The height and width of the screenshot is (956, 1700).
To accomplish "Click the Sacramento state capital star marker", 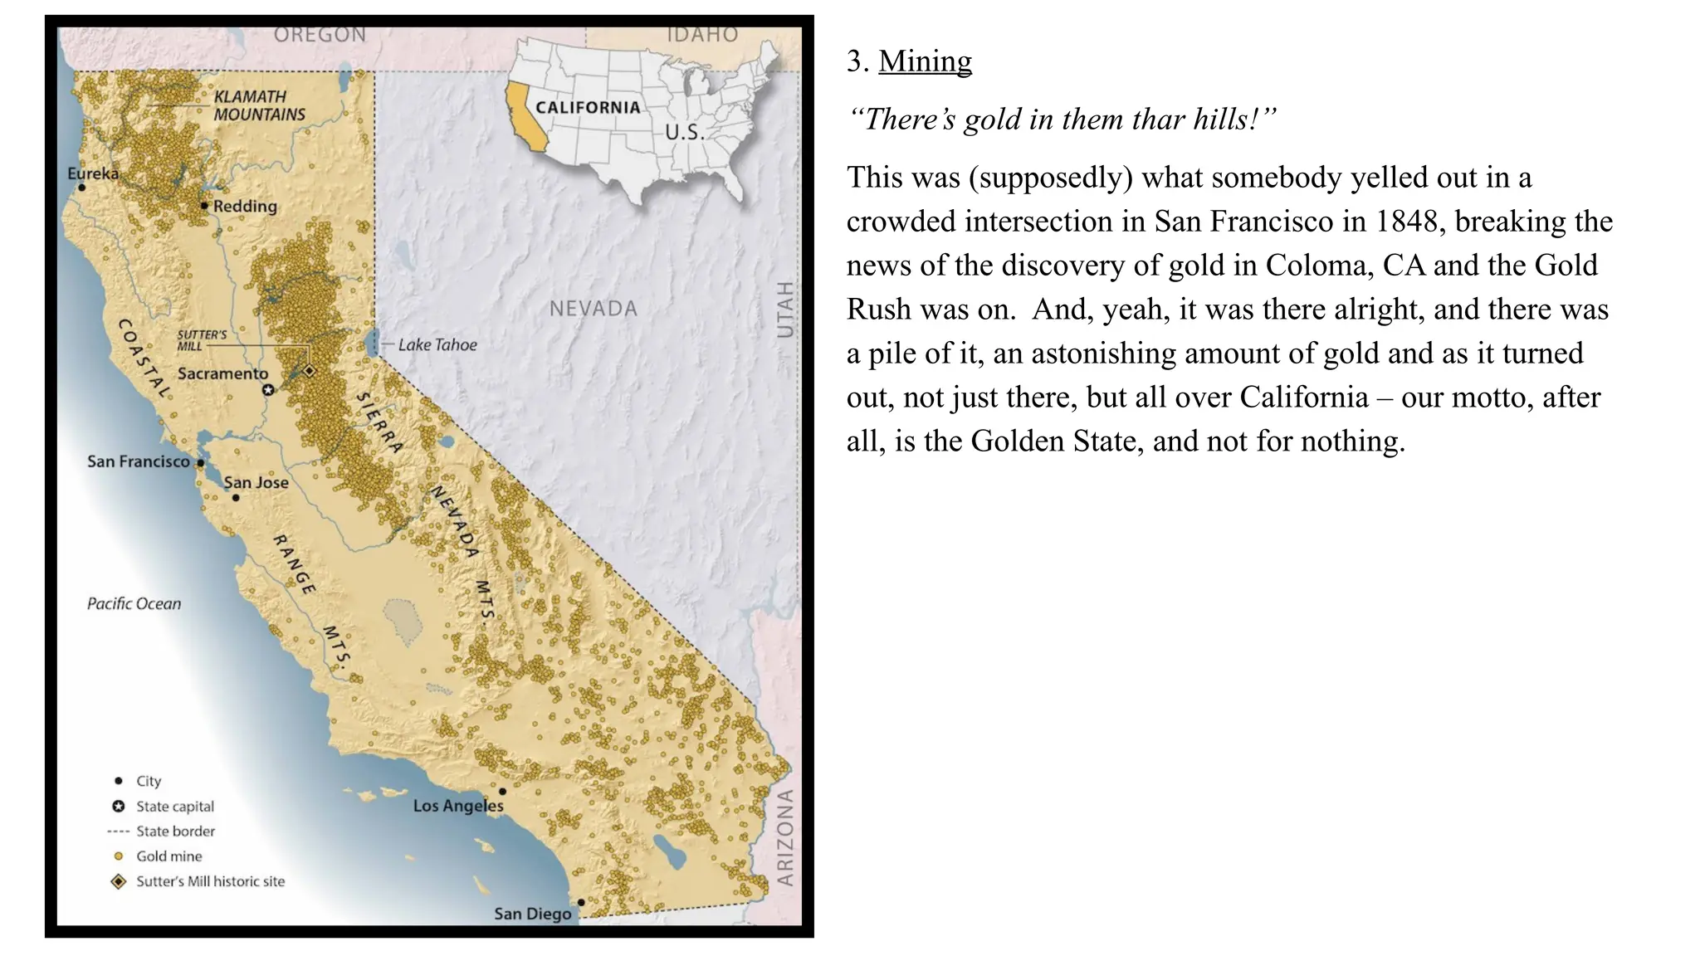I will pyautogui.click(x=268, y=389).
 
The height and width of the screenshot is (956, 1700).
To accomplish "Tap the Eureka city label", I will pyautogui.click(x=93, y=173).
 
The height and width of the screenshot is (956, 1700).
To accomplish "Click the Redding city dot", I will pyautogui.click(x=204, y=205).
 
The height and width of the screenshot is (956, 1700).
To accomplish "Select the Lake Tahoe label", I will pyautogui.click(x=437, y=344).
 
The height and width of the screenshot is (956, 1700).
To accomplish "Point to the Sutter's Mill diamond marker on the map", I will pyautogui.click(x=310, y=370).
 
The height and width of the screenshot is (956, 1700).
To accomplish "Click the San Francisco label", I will pyautogui.click(x=139, y=461).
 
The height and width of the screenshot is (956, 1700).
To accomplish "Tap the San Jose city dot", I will pyautogui.click(x=236, y=497).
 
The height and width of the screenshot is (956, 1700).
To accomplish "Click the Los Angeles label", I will pyautogui.click(x=457, y=805).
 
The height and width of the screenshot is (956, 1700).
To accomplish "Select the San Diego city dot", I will pyautogui.click(x=581, y=901).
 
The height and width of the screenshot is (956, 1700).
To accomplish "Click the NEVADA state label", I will pyautogui.click(x=594, y=309).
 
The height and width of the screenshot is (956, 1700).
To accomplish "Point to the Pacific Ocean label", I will pyautogui.click(x=134, y=603).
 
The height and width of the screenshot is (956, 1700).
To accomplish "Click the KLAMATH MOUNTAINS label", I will pyautogui.click(x=259, y=105).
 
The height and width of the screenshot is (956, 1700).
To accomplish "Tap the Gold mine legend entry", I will pyautogui.click(x=169, y=856).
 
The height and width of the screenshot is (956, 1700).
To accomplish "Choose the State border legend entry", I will pyautogui.click(x=175, y=831).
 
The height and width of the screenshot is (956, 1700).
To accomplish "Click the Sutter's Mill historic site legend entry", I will pyautogui.click(x=210, y=881).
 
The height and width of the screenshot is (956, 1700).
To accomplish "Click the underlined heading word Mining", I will pyautogui.click(x=925, y=61).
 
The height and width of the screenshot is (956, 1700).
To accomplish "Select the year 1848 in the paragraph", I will pyautogui.click(x=1406, y=221).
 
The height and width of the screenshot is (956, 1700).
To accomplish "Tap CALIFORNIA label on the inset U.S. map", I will pyautogui.click(x=588, y=107).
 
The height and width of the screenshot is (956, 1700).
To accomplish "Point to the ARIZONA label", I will pyautogui.click(x=784, y=837).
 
